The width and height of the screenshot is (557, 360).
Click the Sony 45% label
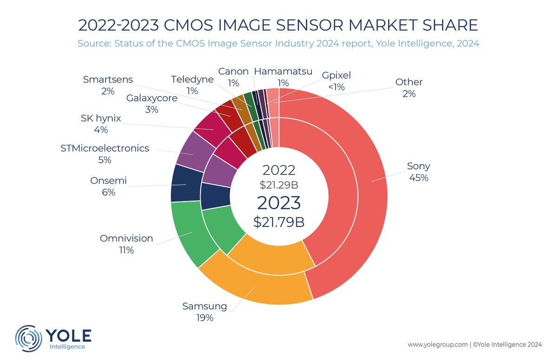(418, 171)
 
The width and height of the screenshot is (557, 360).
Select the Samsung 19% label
(204, 312)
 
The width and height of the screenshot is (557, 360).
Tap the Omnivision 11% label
(126, 244)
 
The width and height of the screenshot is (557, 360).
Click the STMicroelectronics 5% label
(105, 154)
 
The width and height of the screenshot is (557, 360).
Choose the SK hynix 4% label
(101, 124)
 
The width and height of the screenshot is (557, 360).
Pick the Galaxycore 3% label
(152, 104)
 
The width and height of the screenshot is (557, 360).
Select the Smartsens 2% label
(108, 85)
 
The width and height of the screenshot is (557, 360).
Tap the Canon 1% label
(233, 77)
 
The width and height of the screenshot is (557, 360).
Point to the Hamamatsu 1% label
(283, 77)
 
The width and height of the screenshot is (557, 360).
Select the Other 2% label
(409, 88)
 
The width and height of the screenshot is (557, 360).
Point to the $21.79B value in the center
(278, 222)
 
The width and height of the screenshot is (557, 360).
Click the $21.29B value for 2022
(278, 184)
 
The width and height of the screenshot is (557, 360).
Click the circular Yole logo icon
(29, 338)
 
